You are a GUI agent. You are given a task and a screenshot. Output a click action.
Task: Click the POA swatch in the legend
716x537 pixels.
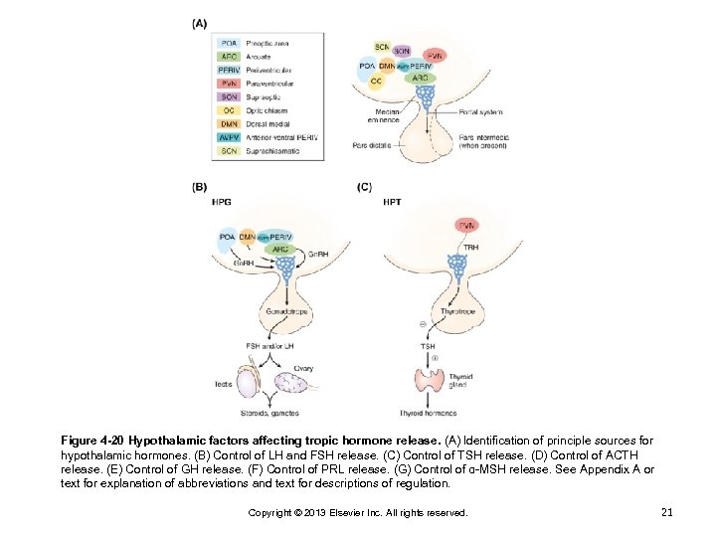[x=229, y=44]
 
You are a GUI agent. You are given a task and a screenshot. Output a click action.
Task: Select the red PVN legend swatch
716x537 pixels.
[x=229, y=84]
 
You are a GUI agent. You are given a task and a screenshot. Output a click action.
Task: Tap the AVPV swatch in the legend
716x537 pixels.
[x=229, y=137]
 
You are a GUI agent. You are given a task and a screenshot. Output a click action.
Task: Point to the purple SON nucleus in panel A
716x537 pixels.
[x=403, y=51]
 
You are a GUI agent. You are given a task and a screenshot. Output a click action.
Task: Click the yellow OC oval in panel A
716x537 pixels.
[x=376, y=81]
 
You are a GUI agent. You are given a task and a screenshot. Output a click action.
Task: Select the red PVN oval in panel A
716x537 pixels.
[x=434, y=56]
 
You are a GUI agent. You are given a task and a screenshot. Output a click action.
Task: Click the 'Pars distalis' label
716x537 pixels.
[x=372, y=145]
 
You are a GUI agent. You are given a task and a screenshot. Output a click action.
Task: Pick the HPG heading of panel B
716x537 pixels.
[x=220, y=202]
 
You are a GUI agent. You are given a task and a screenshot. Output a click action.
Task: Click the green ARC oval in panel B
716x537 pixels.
[x=267, y=250]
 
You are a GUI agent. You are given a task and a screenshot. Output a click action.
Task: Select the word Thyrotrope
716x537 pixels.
[x=455, y=311]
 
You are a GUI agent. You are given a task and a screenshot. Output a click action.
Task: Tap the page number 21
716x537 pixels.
[x=666, y=512]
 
